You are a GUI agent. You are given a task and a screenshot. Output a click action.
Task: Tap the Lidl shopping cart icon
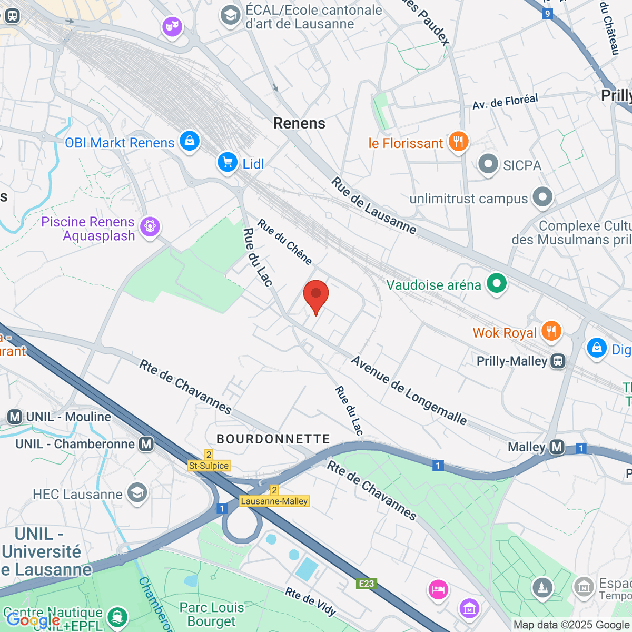[x=228, y=163]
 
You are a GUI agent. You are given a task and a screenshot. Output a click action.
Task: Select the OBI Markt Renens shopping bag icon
[x=189, y=141]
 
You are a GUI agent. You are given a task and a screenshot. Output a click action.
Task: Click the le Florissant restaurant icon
[x=459, y=142]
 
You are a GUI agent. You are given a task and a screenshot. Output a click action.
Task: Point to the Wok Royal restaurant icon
[x=551, y=332]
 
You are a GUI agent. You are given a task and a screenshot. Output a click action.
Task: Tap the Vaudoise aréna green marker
[x=496, y=284]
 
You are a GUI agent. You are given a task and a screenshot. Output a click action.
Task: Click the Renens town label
[x=299, y=123]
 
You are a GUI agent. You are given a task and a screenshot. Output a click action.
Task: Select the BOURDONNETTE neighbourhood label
[x=273, y=439]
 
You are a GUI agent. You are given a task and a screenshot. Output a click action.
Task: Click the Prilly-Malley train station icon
[x=558, y=361]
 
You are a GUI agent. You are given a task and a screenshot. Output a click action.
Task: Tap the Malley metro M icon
[x=557, y=447]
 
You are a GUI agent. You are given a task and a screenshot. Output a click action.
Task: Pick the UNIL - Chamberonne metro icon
[x=146, y=444]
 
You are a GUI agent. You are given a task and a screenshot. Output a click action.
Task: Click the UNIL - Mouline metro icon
[x=15, y=417]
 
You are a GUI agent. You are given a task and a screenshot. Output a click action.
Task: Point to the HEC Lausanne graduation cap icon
[x=137, y=493]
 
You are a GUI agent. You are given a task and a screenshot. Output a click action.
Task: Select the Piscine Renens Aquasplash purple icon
[x=150, y=228]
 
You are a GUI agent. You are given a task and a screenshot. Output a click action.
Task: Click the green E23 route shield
[x=366, y=584]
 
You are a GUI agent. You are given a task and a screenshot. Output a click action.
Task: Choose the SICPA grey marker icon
[x=488, y=164]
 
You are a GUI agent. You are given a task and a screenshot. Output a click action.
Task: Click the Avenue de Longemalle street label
[x=409, y=390]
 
